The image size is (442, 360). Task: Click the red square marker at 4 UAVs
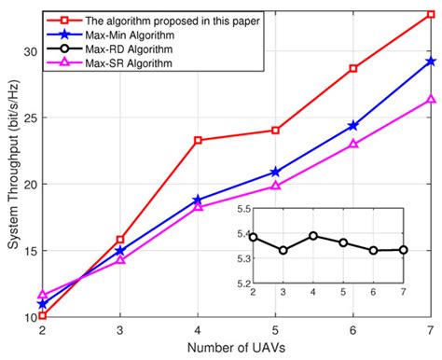point(198,140)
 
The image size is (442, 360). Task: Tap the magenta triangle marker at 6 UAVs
point(352,144)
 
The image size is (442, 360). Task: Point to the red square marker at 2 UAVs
point(43,315)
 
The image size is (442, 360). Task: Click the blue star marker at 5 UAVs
point(275,172)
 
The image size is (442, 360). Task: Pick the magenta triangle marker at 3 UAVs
point(120,259)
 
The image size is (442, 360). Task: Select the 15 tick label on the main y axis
point(27,250)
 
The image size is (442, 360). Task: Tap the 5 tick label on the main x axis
point(275,329)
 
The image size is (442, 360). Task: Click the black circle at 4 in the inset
point(313,236)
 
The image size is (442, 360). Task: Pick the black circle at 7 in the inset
point(403,249)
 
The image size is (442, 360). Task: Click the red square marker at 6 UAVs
point(352,68)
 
